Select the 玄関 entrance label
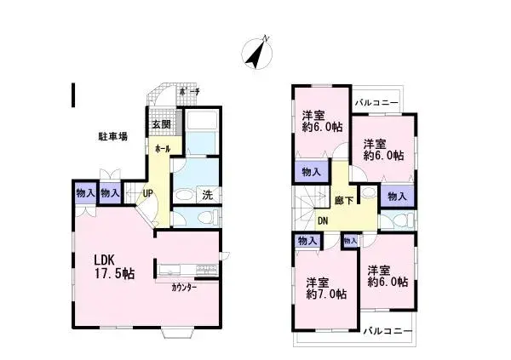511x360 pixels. point(161,124)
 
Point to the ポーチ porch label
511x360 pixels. point(189,91)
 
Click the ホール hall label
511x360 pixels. point(162,148)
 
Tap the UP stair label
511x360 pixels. point(147,193)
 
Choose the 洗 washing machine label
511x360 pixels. point(207,195)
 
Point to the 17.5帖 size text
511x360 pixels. point(114,274)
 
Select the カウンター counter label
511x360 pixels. point(183,287)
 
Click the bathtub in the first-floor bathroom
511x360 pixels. point(202,136)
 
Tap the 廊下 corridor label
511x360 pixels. point(344,202)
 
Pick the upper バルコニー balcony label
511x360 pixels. point(378,102)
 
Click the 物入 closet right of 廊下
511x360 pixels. point(397,196)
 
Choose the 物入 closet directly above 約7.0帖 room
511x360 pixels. point(307,242)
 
